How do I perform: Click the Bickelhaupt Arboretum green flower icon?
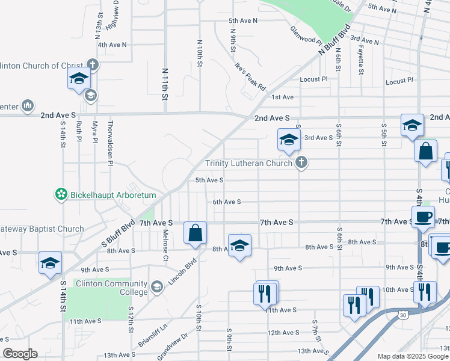(x=61, y=195)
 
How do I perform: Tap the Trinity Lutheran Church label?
(x=249, y=163)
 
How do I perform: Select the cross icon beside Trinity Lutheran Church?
(x=301, y=162)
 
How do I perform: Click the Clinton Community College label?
(x=112, y=288)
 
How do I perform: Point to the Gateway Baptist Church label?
(x=42, y=229)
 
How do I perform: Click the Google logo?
(x=20, y=353)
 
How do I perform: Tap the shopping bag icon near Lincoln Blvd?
(x=196, y=233)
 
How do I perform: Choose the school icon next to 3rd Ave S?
(x=289, y=140)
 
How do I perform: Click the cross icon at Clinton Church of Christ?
(x=92, y=64)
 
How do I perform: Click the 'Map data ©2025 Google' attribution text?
(x=412, y=356)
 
